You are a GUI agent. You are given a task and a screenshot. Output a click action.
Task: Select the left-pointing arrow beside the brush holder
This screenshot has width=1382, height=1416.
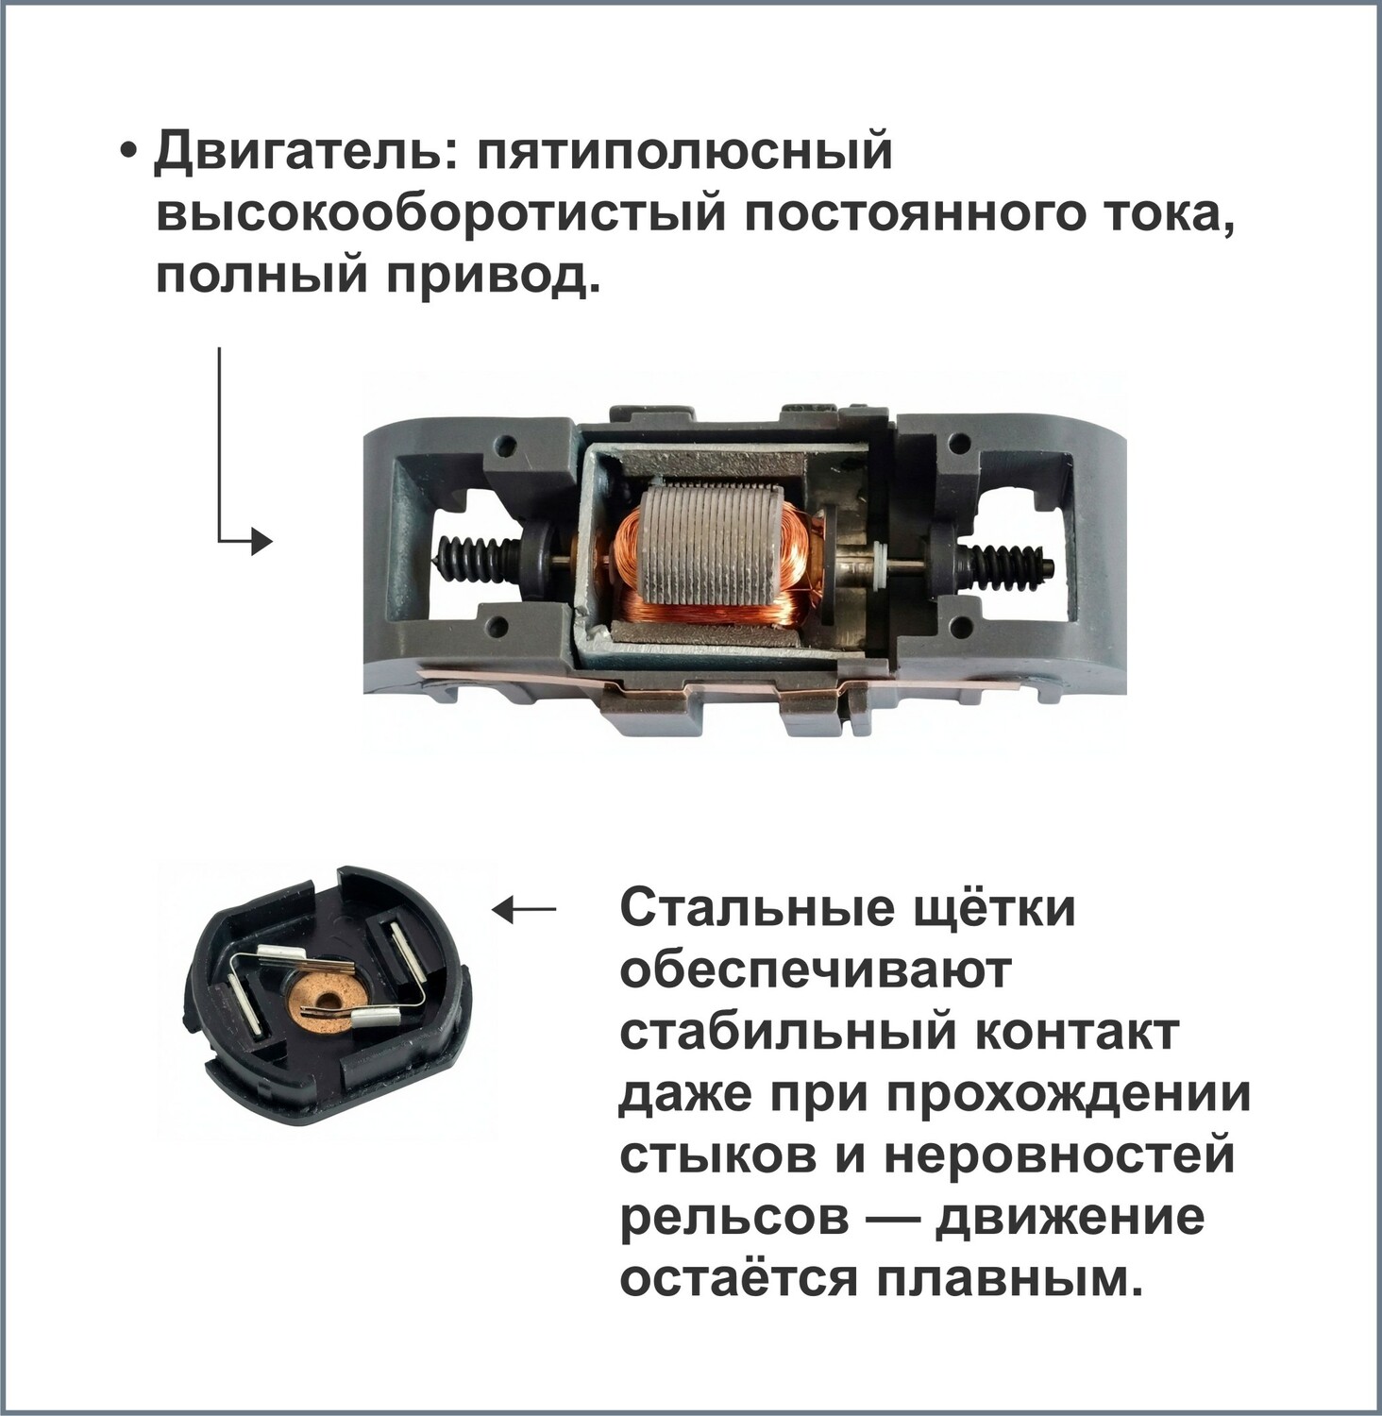point(525,910)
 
